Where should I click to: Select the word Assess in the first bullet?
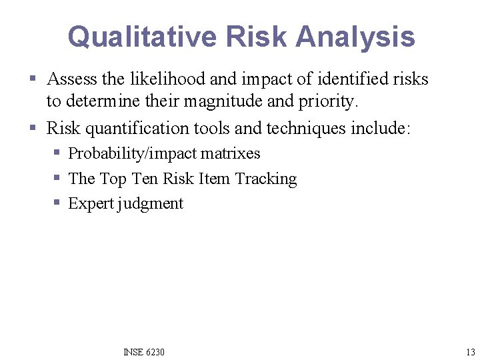tap(71, 79)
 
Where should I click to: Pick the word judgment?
tap(151, 204)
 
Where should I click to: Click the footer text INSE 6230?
tap(144, 352)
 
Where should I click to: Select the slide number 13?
tap(471, 352)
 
